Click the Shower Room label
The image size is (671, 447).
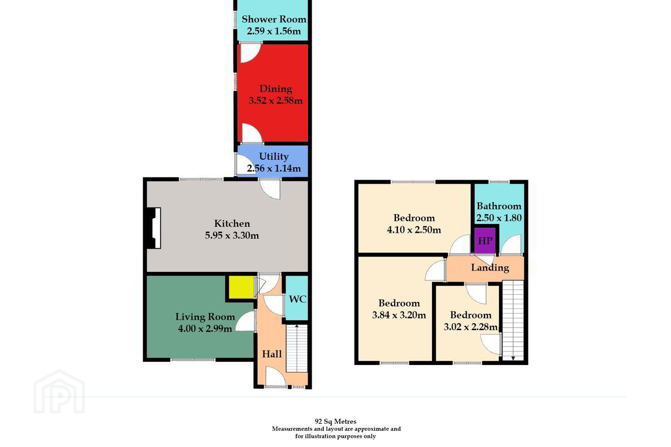[x=274, y=19]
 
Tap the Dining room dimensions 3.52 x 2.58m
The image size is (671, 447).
[x=275, y=100]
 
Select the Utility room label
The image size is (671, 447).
[x=274, y=156]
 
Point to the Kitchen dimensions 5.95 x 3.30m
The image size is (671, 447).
[x=232, y=235]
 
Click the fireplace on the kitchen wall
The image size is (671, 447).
[x=154, y=228]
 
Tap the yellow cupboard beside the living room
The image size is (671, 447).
[x=241, y=287]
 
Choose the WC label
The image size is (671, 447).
[x=297, y=299]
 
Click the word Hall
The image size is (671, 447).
[x=272, y=354]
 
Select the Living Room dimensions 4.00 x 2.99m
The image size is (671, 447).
[x=205, y=329]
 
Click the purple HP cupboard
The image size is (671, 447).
[x=485, y=240]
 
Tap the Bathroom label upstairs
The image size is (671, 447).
[x=499, y=206]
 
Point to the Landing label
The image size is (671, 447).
[x=490, y=268]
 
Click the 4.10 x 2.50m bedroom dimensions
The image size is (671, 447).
[x=414, y=230]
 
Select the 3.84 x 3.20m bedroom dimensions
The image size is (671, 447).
[x=399, y=315]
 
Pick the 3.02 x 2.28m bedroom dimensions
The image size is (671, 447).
[x=471, y=327]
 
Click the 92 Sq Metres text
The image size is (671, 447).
[x=335, y=421]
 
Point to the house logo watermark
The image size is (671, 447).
[x=59, y=392]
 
